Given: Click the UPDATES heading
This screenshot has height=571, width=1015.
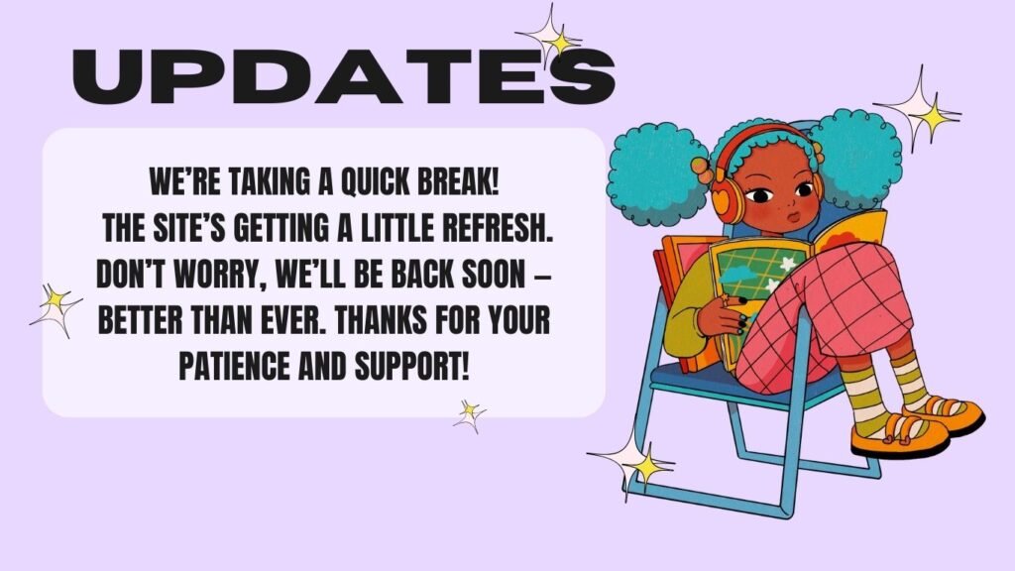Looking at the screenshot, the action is tap(343, 76).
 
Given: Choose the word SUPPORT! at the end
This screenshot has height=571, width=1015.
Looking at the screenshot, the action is tap(410, 367).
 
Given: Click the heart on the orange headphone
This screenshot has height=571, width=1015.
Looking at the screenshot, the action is tap(721, 195).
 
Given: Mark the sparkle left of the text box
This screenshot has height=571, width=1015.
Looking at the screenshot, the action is tap(56, 310).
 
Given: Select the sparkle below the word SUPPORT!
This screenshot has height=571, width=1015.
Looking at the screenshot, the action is tap(469, 415).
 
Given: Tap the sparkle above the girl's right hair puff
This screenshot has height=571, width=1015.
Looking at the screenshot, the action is tap(918, 110).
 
